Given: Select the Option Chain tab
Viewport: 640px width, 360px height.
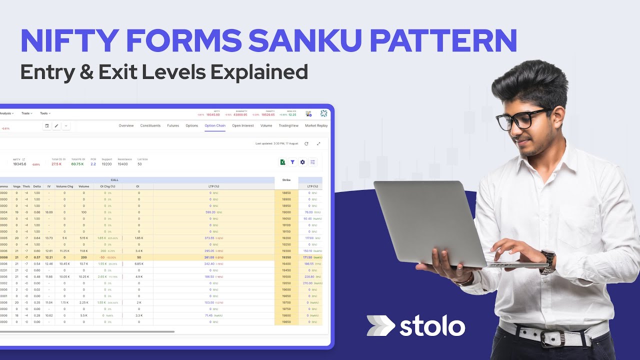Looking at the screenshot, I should point(215,125).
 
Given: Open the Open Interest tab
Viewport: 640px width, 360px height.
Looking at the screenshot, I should point(243,125).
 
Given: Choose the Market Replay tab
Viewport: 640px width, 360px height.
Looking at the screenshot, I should point(316,125).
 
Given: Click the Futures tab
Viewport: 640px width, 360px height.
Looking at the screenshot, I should point(173,125).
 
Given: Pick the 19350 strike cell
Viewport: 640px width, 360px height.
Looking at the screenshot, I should point(286,257).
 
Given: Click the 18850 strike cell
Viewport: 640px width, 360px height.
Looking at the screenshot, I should point(286,192).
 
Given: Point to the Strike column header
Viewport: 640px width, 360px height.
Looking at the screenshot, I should point(286,180).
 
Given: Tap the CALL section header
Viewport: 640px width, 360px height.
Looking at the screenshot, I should point(114,180).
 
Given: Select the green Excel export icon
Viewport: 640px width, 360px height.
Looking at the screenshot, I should point(282,162).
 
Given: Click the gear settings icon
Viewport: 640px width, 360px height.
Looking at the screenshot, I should point(302,162).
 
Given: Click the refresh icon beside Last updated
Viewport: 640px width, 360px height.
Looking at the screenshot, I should point(306,143).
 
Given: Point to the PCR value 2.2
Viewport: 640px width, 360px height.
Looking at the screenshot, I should point(93,164).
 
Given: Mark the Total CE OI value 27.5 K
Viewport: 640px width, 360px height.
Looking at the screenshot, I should point(56,164).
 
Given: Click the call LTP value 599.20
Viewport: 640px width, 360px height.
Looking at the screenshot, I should point(209,212).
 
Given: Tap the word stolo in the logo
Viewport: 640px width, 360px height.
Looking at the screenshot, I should point(432,326).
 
